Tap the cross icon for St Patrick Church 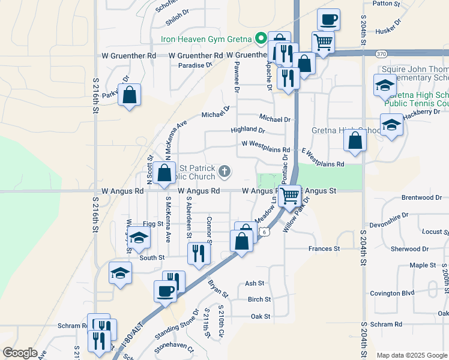[224, 172]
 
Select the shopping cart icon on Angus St [290, 195]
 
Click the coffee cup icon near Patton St [328, 19]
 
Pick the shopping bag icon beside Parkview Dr [129, 94]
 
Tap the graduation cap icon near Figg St [139, 238]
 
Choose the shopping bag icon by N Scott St [164, 173]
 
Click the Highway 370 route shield [381, 53]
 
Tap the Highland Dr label [248, 130]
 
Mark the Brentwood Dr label [421, 197]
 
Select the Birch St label [259, 299]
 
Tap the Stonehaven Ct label [175, 347]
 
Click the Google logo [20, 353]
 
